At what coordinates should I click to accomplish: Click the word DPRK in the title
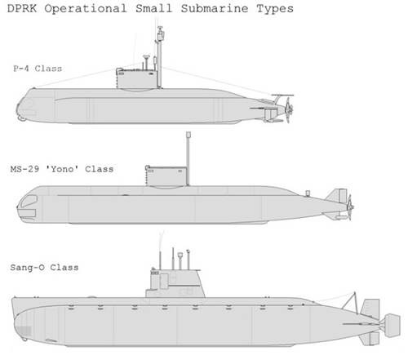[22, 8]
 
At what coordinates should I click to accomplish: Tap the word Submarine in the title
[215, 8]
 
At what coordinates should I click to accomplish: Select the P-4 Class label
[38, 69]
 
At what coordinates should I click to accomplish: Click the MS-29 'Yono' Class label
[62, 169]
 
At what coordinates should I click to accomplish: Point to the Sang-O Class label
[44, 268]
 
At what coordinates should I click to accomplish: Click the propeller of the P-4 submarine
[288, 110]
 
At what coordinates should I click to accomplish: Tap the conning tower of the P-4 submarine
[137, 79]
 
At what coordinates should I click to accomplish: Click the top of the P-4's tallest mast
[160, 27]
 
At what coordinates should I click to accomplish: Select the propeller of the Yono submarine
[350, 207]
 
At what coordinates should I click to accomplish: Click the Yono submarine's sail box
[166, 177]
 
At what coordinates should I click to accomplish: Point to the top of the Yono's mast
[188, 135]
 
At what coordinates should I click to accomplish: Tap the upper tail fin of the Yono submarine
[338, 196]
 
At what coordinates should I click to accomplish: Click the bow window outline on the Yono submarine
[29, 201]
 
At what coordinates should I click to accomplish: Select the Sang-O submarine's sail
[175, 284]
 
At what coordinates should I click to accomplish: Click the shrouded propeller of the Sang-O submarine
[392, 326]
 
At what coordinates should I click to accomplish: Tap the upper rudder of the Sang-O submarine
[370, 309]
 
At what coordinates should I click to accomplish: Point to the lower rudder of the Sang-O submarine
[370, 338]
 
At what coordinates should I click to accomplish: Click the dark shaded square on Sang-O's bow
[24, 331]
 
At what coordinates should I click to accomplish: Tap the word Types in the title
[275, 9]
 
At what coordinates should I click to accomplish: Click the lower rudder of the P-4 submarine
[271, 115]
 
